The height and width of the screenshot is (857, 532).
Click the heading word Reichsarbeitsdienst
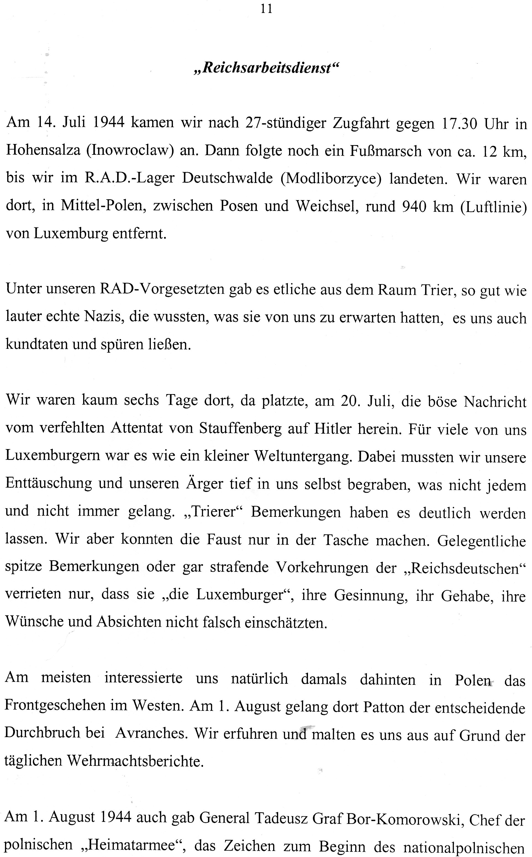click(266, 68)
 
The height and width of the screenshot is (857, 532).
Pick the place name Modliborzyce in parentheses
click(331, 179)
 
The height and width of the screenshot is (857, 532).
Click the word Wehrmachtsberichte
click(135, 761)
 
